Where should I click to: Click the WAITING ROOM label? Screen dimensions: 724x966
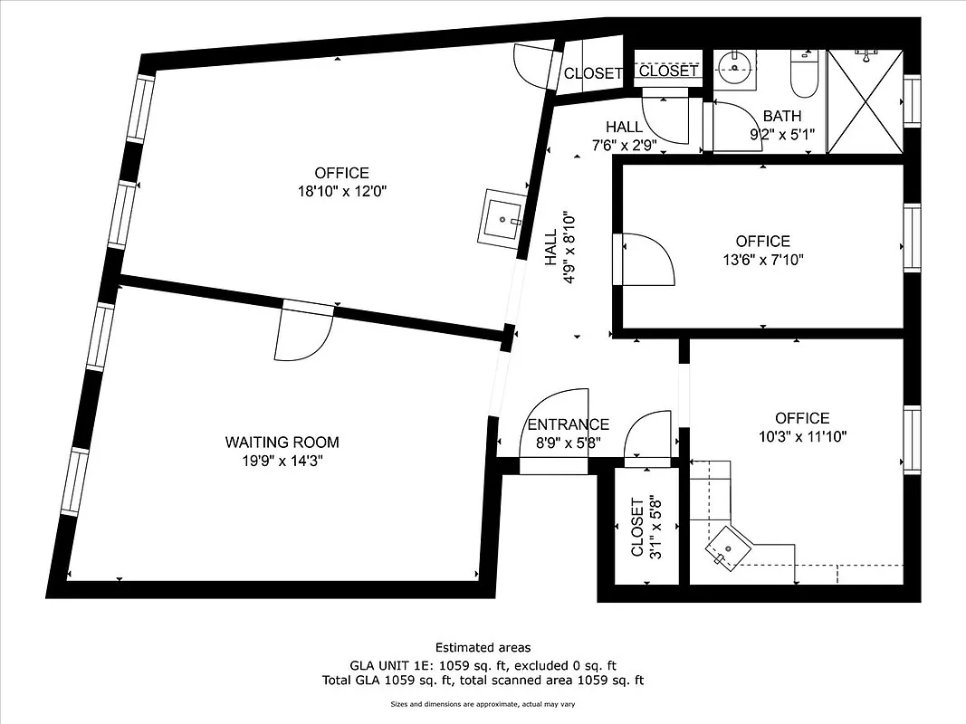(x=282, y=443)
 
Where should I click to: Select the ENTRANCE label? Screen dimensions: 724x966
(x=568, y=424)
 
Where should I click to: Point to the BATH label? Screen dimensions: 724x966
(x=781, y=116)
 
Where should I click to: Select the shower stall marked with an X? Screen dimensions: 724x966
(x=865, y=101)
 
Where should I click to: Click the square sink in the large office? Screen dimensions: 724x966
(x=501, y=217)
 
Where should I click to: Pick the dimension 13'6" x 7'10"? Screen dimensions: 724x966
(x=762, y=260)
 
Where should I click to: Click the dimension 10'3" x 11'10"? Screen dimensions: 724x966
(x=802, y=436)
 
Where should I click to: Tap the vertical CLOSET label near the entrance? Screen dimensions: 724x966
(x=637, y=528)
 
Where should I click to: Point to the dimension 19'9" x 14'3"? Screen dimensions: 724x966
(x=282, y=461)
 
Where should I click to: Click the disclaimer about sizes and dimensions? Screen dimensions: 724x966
(x=483, y=704)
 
